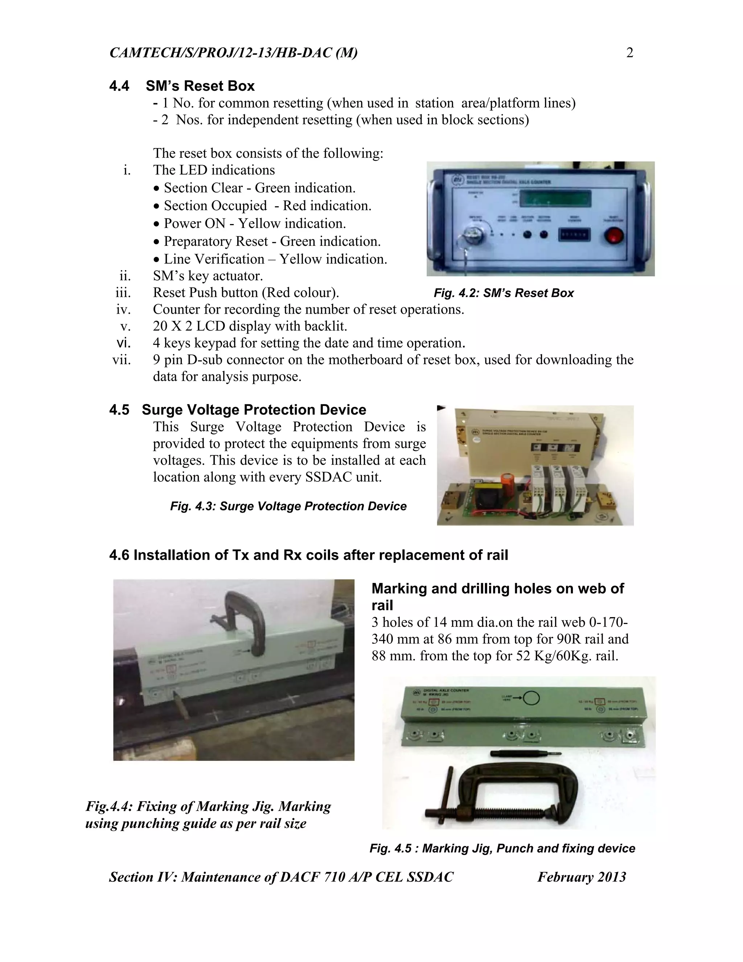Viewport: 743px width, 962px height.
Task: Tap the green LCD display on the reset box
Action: pos(555,199)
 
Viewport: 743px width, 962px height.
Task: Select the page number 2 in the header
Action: pos(629,53)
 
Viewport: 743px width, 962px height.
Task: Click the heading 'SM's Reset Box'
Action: pos(200,86)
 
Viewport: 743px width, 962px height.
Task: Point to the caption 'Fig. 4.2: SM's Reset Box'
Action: pos(504,293)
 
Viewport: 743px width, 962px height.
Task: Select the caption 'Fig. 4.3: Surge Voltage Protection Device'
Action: pos(288,506)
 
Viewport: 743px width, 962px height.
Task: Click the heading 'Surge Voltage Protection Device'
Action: pos(254,409)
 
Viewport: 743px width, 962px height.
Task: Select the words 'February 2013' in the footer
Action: pos(582,877)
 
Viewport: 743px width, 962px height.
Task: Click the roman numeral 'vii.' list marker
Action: pos(122,360)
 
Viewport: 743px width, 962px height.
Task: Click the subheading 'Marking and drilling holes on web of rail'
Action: pos(497,596)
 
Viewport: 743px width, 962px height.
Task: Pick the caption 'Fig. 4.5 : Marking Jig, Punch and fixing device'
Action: pos(502,848)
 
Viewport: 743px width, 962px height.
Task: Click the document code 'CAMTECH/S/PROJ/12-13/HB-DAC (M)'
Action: pos(233,53)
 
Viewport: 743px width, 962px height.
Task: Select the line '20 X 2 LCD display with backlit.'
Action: pos(250,326)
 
